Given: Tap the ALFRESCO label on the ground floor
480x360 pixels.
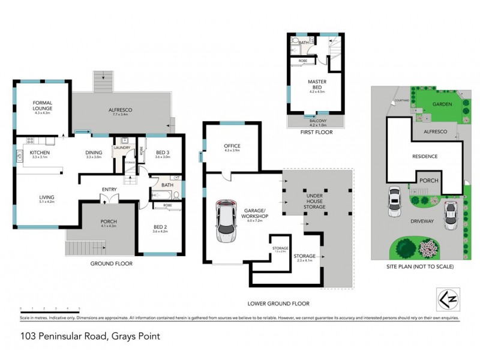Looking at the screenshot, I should [x=120, y=110].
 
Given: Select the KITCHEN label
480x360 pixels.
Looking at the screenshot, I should [x=40, y=153].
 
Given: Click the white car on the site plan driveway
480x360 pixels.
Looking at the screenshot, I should [x=395, y=202].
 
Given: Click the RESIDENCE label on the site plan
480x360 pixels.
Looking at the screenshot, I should [x=424, y=157].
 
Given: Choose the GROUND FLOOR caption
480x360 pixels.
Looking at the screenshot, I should [x=112, y=263].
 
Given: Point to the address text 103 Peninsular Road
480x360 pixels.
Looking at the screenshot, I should [x=90, y=337].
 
